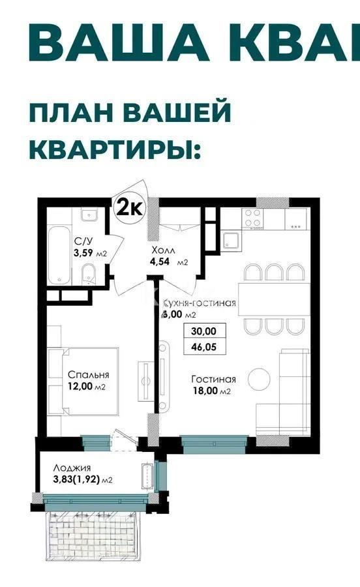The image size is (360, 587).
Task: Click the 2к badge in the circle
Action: (130, 207)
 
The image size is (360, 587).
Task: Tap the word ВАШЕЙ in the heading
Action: (177, 112)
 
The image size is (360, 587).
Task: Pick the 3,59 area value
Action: (83, 253)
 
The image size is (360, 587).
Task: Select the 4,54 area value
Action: (160, 262)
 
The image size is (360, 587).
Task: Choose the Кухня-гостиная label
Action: (199, 303)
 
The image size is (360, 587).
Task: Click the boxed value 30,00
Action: (203, 331)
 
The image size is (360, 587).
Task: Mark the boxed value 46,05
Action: (203, 348)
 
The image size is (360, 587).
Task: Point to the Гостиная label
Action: (213, 379)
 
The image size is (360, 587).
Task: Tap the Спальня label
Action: (88, 375)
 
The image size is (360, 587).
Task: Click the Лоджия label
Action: (73, 468)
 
